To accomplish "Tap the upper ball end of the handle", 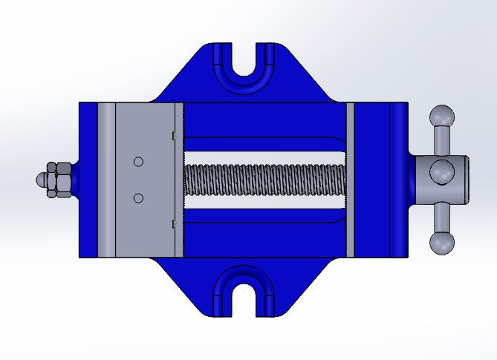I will click(441, 117).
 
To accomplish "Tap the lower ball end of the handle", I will click(441, 243).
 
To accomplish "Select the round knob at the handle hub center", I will click(441, 171).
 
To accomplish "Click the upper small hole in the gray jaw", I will click(137, 162).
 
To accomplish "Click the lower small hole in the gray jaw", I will click(137, 197).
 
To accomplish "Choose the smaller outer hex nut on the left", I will click(51, 180).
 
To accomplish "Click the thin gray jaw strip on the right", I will click(351, 180).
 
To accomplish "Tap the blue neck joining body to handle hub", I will click(411, 180).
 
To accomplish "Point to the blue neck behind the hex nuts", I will click(76, 180).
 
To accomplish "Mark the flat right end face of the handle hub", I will click(466, 180).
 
